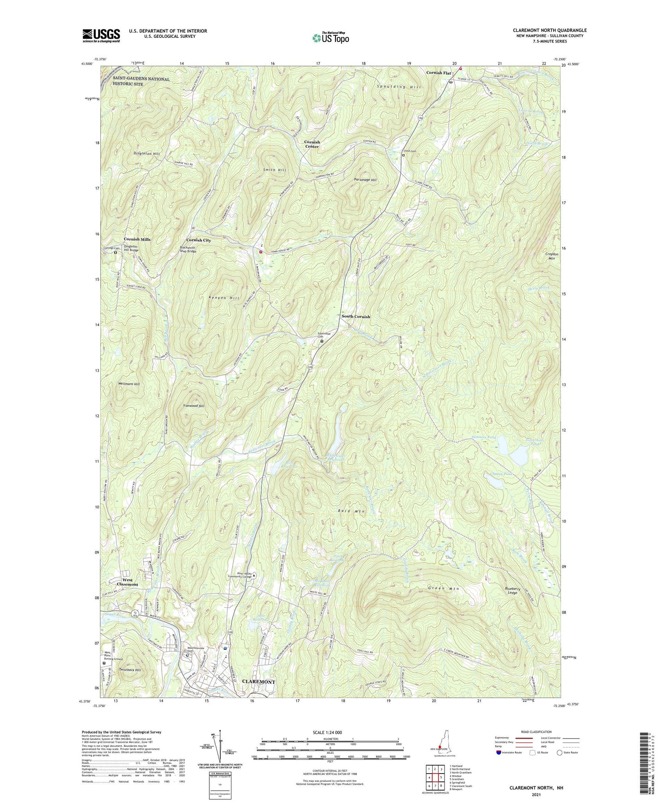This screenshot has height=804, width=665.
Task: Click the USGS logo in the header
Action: pos(101,35)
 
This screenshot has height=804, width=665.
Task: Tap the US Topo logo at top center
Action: pos(330,38)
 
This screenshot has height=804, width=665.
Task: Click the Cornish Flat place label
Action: pos(439,73)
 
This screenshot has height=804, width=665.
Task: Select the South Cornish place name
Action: pos(355,317)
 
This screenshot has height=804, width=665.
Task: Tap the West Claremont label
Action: pos(127,582)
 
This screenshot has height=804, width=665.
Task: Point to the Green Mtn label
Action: pos(444,588)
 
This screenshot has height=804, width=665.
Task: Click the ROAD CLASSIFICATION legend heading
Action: pos(536,732)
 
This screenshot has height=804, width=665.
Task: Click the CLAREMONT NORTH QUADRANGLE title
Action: pos(549,30)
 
